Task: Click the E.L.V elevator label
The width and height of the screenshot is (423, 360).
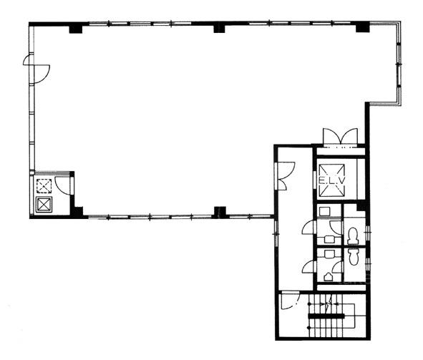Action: pos(332,180)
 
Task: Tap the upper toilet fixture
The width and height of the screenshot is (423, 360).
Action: pos(353,235)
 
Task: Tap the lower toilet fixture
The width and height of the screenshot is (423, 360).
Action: pos(353,256)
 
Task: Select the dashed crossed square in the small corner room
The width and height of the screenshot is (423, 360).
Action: pos(44,186)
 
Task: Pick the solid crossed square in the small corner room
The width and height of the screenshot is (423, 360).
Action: pos(44,205)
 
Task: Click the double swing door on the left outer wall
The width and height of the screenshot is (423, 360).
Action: pos(37,69)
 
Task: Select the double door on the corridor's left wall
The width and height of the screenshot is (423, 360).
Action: pos(284,175)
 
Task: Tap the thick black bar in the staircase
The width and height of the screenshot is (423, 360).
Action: pos(326,316)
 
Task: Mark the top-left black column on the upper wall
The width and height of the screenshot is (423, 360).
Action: pos(76,29)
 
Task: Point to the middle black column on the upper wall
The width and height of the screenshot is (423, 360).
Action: pos(219,28)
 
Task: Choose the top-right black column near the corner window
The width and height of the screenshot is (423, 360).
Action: pos(362,27)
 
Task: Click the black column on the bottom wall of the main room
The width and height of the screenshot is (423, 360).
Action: pos(220,212)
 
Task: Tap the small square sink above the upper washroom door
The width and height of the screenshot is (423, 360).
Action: pos(324,211)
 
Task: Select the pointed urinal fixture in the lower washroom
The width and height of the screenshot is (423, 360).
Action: pos(328,277)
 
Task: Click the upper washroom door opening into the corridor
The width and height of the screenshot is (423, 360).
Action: pos(309,227)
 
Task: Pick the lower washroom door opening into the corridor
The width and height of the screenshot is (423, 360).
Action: pos(309,267)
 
